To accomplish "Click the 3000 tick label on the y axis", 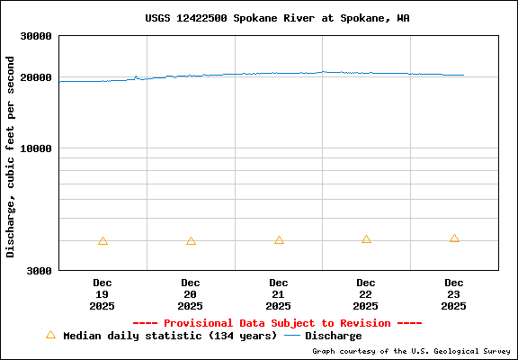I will (x=39, y=270).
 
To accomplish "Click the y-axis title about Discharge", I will (x=11, y=157).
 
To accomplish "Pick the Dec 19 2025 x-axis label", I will (x=103, y=294).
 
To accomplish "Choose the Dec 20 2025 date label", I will (x=191, y=294).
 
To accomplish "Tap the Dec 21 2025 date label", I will (x=279, y=294).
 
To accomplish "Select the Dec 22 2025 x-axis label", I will (x=366, y=294).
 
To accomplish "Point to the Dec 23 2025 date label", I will (x=454, y=294).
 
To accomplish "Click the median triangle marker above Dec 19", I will (x=103, y=241).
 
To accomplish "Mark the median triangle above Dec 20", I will (x=191, y=241).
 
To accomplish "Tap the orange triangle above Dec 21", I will (x=279, y=240).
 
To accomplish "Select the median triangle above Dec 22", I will (x=366, y=239).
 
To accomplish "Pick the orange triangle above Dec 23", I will (x=454, y=238).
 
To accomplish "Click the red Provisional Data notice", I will (x=277, y=322).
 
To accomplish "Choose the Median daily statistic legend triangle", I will (x=50, y=335).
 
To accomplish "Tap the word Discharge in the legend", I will (x=333, y=336).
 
